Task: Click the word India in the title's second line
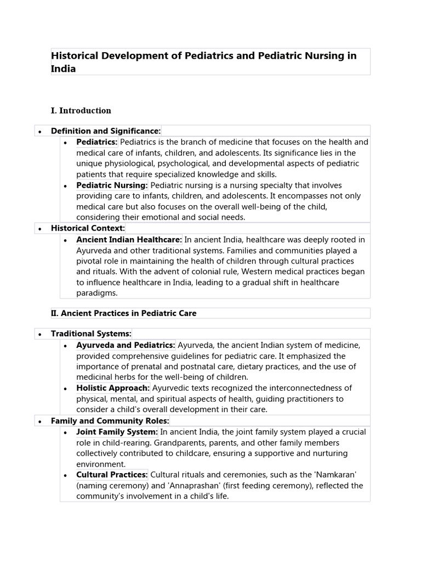(x=63, y=69)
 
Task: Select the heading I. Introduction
(x=81, y=110)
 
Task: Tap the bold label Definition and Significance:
(x=106, y=131)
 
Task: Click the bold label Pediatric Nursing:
(x=112, y=186)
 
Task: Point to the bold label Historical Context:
(x=88, y=228)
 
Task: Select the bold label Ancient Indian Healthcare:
(x=129, y=240)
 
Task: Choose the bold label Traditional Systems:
(x=91, y=334)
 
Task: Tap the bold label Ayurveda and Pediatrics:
(x=126, y=345)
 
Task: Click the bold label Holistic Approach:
(x=113, y=388)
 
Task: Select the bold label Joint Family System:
(x=117, y=432)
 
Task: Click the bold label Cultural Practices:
(x=112, y=475)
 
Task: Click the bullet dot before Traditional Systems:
(x=41, y=334)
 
